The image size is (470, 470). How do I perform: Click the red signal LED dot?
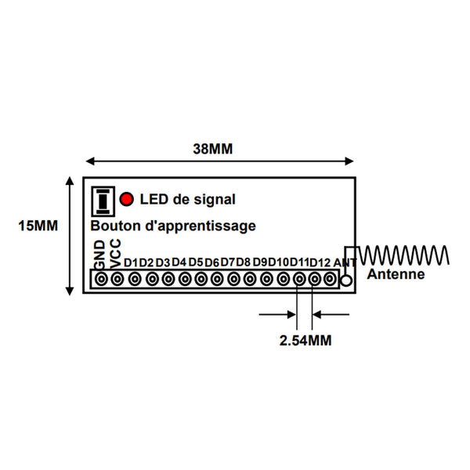coord(126,199)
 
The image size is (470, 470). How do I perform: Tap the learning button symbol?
coord(103,201)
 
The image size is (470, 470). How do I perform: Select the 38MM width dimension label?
coord(213,149)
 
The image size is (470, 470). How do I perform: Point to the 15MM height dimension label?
coord(38,226)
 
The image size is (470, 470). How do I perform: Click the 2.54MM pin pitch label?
coord(305,341)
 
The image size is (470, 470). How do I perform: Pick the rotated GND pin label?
coord(100,255)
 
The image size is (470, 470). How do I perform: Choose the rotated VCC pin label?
coord(115,254)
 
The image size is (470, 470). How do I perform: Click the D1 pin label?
coord(131,263)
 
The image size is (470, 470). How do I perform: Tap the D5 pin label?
coord(196,262)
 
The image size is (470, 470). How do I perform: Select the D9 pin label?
coord(260,262)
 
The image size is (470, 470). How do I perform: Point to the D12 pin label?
coord(320,262)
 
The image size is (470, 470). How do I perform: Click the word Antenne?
coord(396,274)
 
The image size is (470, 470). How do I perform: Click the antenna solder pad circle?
coord(346,281)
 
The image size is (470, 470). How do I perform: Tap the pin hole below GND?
coord(101,280)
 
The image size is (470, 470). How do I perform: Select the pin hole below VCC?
coord(117,280)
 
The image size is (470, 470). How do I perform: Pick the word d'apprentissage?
coord(201,226)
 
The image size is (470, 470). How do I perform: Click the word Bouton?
coord(116,226)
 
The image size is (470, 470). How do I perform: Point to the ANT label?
coord(345,263)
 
